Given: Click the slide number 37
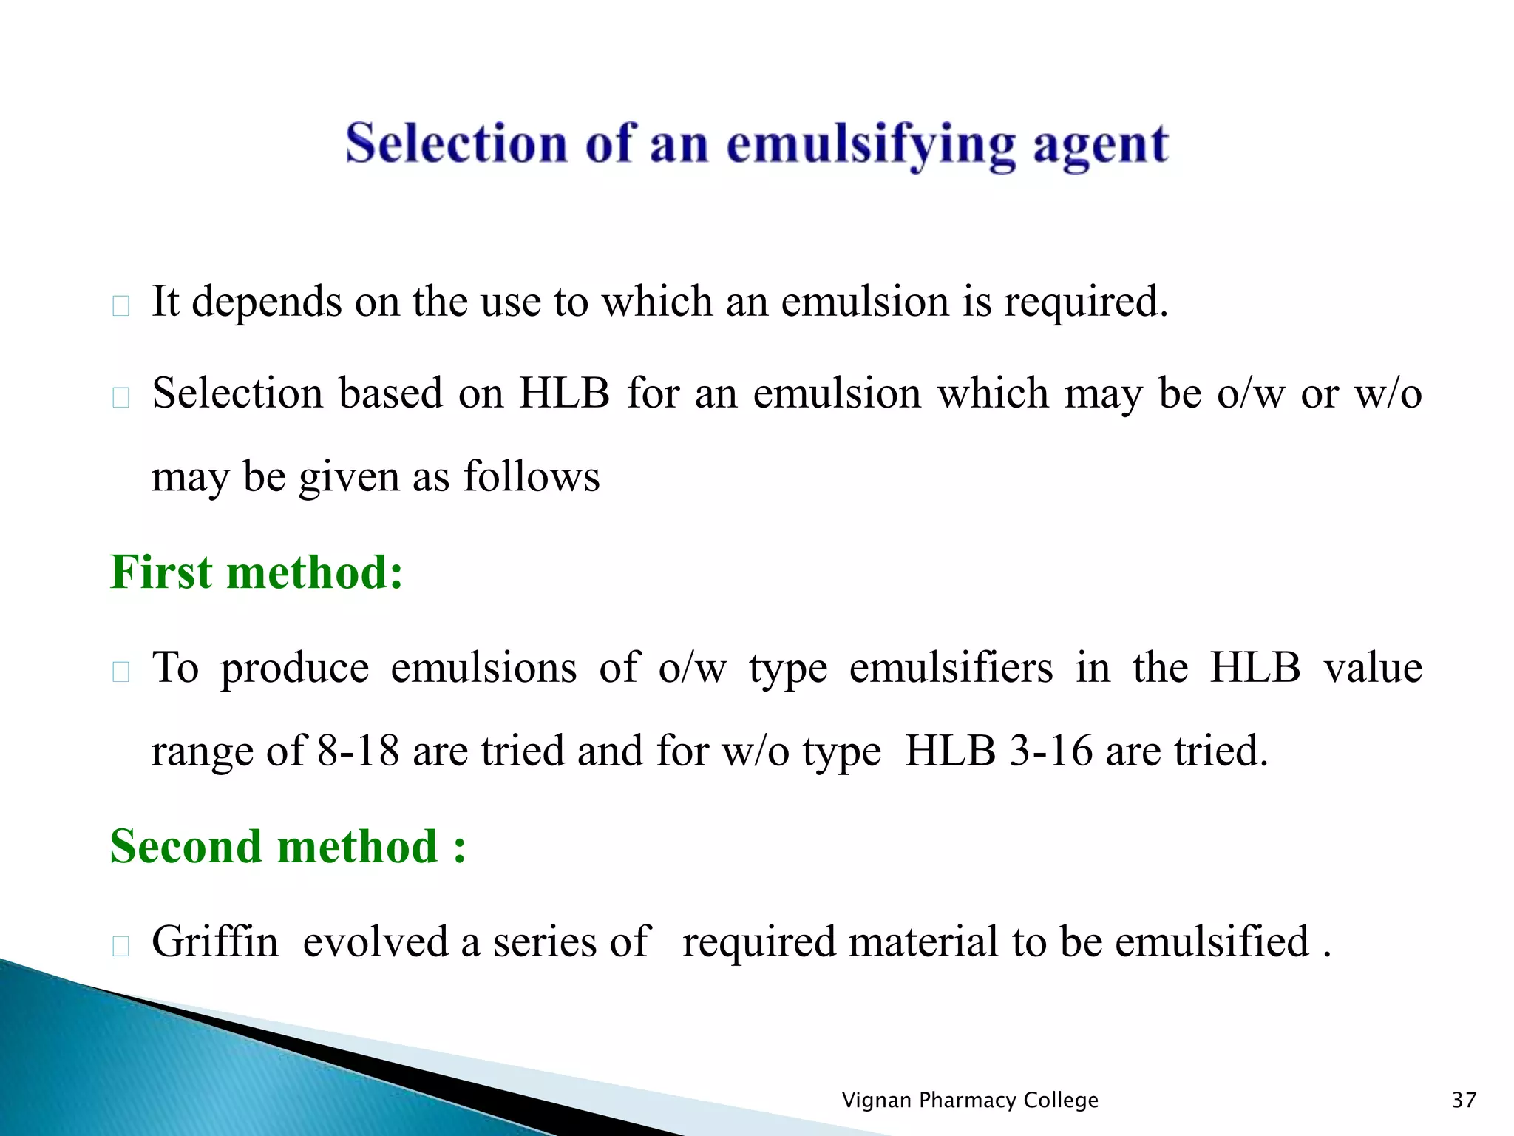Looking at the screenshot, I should [1464, 1100].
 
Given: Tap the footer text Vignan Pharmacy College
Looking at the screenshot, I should [969, 1100].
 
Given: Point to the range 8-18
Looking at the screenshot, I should [358, 750].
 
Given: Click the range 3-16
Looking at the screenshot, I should [1050, 750].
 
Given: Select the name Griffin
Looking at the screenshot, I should [214, 941].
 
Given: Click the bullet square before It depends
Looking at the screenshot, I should [120, 305].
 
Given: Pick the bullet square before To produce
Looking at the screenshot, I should [120, 672].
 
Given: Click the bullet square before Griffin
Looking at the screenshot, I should [120, 945].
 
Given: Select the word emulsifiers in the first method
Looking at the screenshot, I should [951, 667].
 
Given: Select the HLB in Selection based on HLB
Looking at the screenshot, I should [564, 393].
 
